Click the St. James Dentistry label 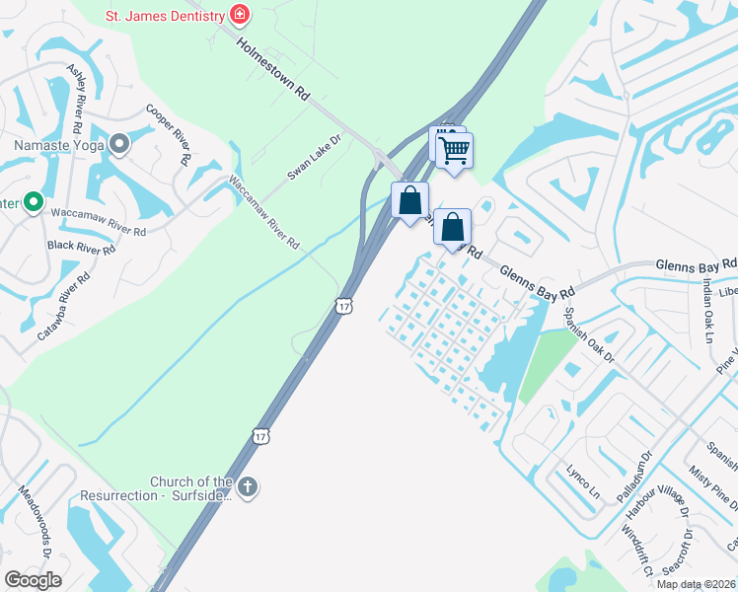164,14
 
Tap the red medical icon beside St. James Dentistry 239,14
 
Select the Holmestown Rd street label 274,68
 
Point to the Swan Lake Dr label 314,157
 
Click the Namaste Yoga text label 58,146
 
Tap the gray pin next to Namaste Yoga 120,146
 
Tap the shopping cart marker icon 455,151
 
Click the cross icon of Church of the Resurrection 248,486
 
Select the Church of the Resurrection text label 191,488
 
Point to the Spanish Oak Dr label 589,333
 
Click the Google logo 33,580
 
